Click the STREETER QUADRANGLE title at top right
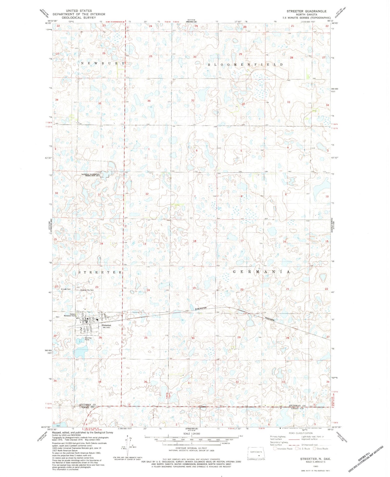[306, 11]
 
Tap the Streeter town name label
[106, 325]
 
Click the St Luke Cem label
[66, 289]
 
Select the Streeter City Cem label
[87, 290]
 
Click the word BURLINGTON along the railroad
[201, 308]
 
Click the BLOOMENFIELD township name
[245, 64]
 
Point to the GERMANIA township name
[261, 272]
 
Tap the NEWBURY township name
[103, 63]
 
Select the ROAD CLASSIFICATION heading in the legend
[301, 433]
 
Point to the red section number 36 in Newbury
[149, 101]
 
